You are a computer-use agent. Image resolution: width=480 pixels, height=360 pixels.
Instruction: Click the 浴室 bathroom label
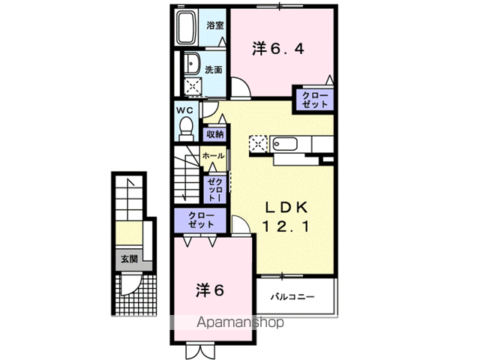tap(215, 25)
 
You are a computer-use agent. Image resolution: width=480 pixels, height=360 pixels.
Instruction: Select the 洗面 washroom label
tap(214, 69)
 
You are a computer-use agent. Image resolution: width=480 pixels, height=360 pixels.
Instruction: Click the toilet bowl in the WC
tap(185, 128)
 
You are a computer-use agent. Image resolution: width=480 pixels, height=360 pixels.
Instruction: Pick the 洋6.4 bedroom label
tap(278, 49)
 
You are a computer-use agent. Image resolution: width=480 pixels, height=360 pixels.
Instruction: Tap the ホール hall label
tap(212, 156)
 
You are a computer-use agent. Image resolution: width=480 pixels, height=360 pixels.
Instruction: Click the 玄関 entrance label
tap(128, 259)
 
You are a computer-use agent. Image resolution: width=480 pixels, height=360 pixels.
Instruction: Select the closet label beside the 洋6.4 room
tap(314, 100)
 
